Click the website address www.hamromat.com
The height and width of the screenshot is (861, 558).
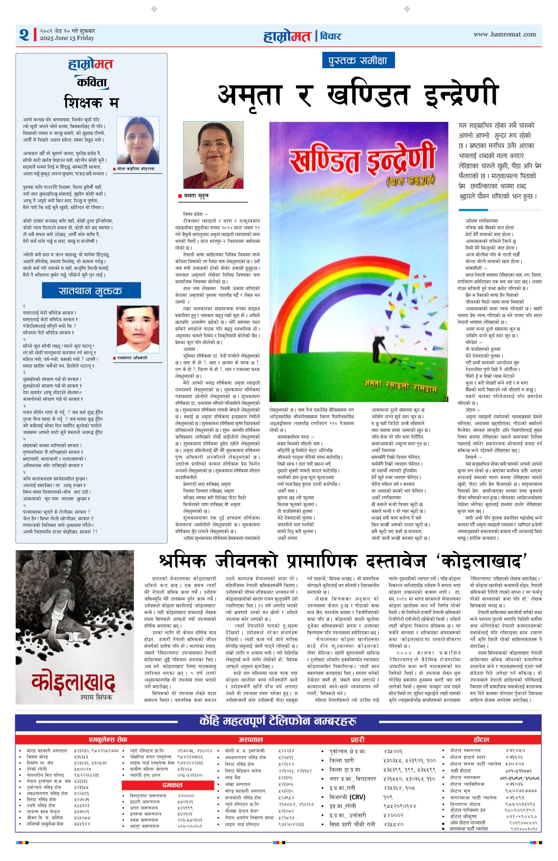tap(505, 34)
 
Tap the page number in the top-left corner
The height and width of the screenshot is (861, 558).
tap(24, 35)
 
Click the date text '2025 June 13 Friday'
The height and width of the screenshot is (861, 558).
tap(67, 38)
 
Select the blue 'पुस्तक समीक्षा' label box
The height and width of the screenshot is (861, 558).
tap(358, 61)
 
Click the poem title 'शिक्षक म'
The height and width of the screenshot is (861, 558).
tap(91, 102)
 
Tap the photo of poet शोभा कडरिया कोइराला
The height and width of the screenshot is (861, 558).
tap(138, 140)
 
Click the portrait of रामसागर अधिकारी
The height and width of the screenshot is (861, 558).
tap(138, 329)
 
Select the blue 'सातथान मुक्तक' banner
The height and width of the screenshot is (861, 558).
tap(91, 291)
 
